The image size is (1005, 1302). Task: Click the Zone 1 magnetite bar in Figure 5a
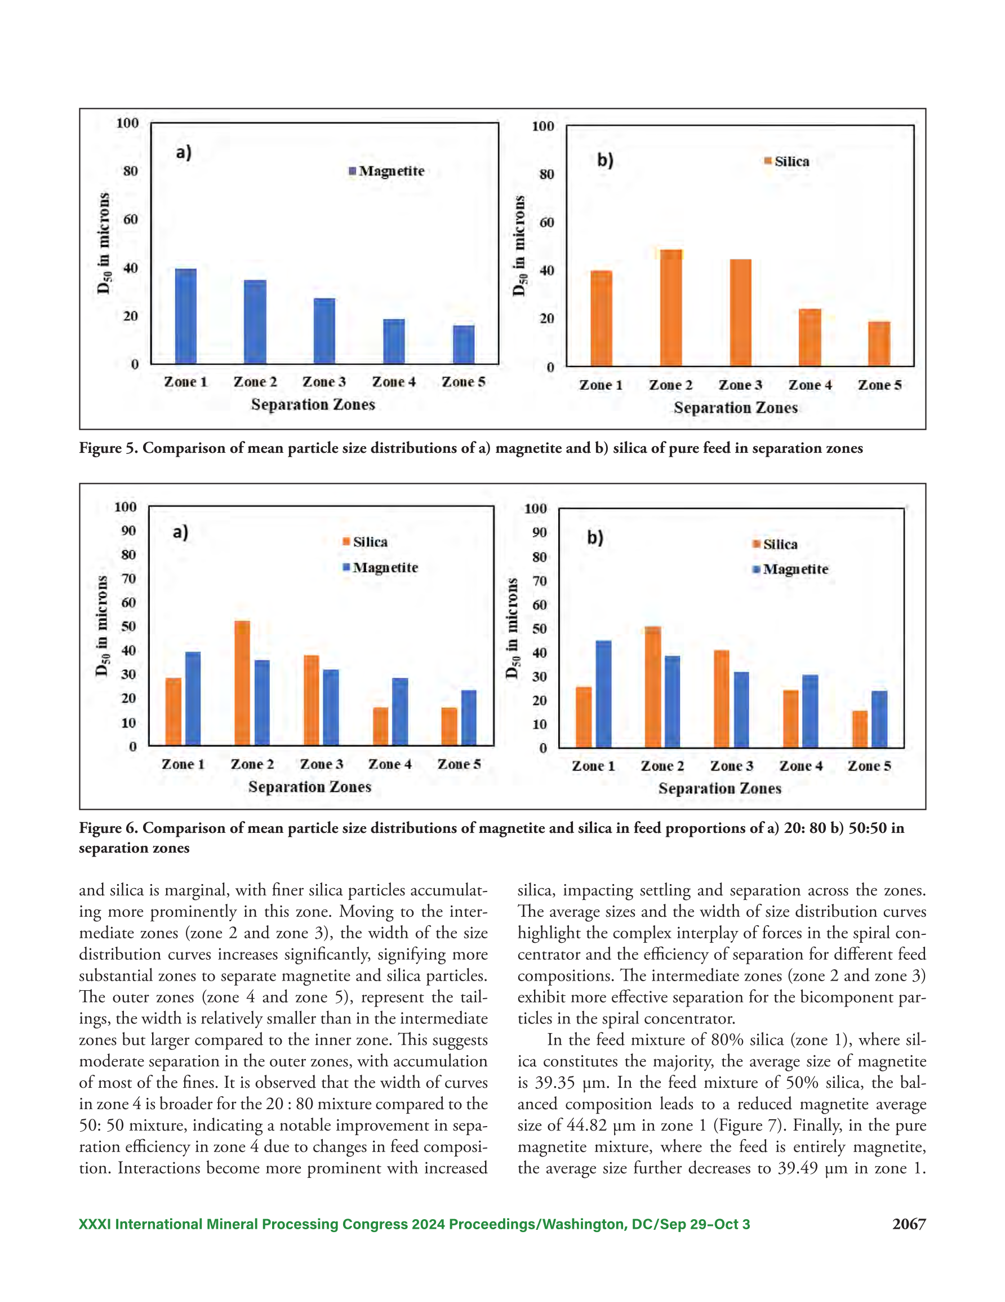[185, 316]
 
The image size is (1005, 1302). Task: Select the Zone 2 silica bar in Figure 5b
[671, 308]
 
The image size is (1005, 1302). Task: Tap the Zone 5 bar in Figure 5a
[464, 345]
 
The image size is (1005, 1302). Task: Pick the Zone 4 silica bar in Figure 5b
[810, 337]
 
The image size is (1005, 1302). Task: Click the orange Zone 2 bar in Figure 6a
[242, 683]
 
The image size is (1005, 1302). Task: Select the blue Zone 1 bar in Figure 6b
[603, 694]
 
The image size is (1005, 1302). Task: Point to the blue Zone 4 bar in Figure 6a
[400, 712]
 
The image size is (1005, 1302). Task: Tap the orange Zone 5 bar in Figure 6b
[860, 729]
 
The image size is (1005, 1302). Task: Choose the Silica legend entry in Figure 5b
[786, 162]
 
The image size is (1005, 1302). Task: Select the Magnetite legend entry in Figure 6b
[790, 570]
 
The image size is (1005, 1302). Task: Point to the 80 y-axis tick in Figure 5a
[131, 171]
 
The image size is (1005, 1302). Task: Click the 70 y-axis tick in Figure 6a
[128, 579]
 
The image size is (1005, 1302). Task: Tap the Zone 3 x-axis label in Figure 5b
[740, 385]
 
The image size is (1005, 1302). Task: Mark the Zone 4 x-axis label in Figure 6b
[801, 766]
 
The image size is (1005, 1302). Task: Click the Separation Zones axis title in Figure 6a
[310, 787]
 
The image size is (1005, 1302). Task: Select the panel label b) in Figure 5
[605, 160]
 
